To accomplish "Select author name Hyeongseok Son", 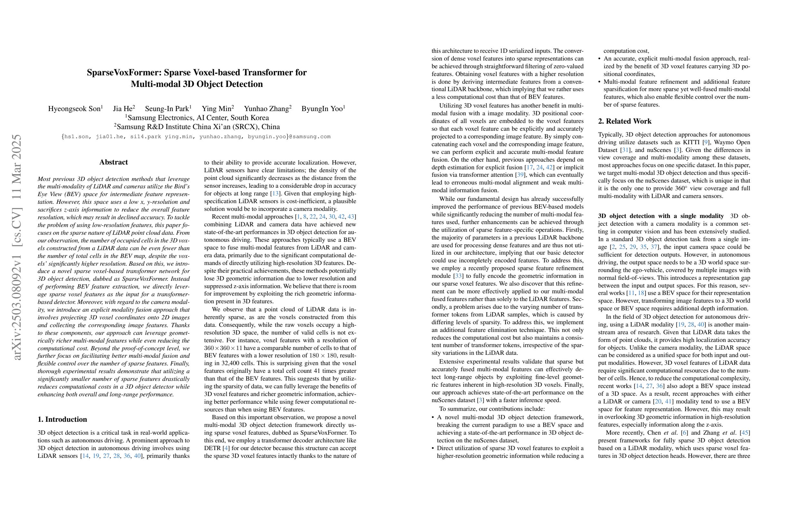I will [x=74, y=109].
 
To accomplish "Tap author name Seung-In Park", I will [x=167, y=109].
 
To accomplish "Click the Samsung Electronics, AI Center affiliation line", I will [x=197, y=118].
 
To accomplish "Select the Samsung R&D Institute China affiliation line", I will [x=197, y=127].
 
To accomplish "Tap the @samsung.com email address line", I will [x=196, y=137].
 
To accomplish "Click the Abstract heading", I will [x=114, y=162].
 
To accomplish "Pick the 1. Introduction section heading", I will [x=62, y=419].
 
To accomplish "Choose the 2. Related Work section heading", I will [x=624, y=121].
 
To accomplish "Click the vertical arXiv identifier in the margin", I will [x=16, y=247].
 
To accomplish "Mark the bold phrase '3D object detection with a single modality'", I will [x=661, y=216].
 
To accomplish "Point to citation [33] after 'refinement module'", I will [x=458, y=276].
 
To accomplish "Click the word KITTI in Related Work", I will [x=697, y=142].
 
